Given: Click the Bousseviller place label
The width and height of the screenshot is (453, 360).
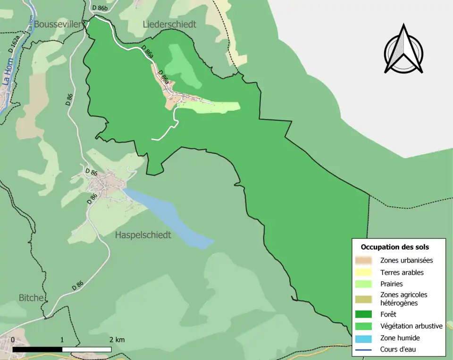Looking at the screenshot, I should click(58, 24).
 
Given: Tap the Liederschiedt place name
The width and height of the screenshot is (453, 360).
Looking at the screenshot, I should click(169, 24).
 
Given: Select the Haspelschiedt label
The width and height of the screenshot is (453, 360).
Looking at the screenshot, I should click(143, 235).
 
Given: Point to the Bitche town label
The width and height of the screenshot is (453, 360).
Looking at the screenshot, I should click(32, 298).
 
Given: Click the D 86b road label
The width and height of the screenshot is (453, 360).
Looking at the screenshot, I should click(100, 8).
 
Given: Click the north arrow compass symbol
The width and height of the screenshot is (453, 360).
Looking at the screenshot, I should click(403, 50).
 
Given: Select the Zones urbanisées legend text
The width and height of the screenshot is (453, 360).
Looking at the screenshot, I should click(406, 260).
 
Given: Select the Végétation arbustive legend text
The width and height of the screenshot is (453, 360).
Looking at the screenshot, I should click(411, 326).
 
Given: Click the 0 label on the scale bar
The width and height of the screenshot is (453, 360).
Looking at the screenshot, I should click(12, 340).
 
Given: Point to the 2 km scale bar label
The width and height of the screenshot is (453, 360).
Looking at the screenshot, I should click(117, 340).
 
